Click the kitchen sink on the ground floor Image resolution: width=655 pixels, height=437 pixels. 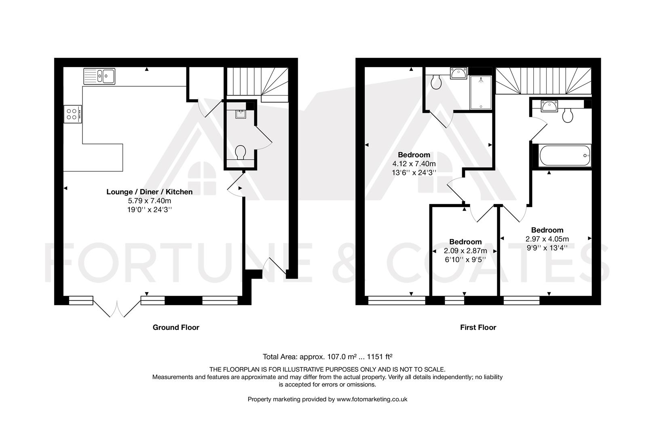tap(99, 76)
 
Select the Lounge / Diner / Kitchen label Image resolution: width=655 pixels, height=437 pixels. tap(149, 192)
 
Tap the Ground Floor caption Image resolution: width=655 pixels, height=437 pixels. tap(176, 327)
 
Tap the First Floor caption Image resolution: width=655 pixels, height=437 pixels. tap(478, 327)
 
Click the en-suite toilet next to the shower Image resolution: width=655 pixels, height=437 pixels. tap(436, 82)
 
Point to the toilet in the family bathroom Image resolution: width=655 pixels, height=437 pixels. tap(568, 115)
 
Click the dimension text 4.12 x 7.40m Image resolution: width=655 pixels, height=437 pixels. tap(414, 164)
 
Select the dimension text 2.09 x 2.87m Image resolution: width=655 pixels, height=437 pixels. tap(465, 251)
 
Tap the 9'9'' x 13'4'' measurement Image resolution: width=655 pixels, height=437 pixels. tap(547, 248)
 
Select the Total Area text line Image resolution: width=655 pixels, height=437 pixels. tap(327, 357)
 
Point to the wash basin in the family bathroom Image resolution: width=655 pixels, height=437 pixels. tap(549, 106)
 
